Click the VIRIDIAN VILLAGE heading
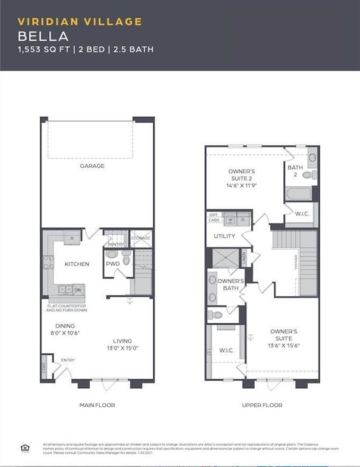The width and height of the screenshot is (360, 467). point(80,22)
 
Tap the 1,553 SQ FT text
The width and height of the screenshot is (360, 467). point(42,49)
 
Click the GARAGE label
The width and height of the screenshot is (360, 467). point(92,166)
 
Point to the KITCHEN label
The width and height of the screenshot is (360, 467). point(77,264)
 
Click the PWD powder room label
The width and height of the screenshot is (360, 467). point(112,265)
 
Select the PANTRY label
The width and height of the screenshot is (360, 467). point(115,244)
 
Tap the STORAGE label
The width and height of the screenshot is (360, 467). point(140,238)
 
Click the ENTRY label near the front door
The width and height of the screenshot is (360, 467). point(67,361)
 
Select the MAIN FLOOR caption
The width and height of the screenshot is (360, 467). point(97,405)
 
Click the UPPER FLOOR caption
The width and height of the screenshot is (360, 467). point(261,405)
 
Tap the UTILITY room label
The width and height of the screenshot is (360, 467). point(224,236)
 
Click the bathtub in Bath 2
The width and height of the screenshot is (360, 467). point(298,193)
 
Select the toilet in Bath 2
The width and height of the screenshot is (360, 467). point(308,175)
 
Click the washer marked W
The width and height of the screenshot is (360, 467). point(231,220)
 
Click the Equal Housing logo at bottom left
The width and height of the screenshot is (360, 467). point(25,449)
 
